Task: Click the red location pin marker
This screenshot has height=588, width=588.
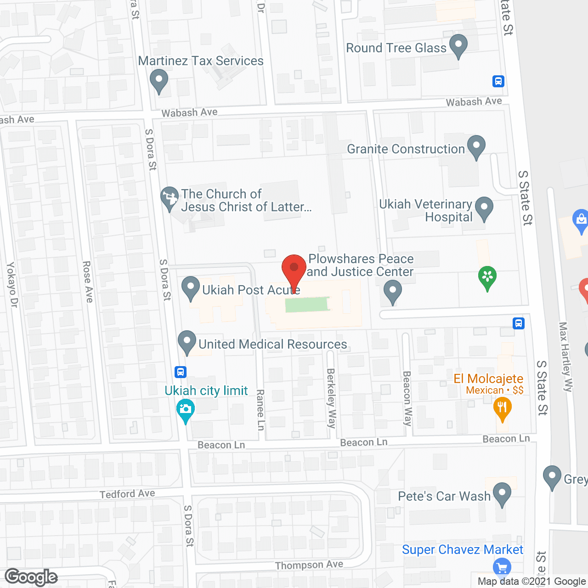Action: click(294, 268)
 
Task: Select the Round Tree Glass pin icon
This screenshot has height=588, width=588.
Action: click(458, 45)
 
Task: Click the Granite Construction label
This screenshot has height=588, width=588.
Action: click(406, 149)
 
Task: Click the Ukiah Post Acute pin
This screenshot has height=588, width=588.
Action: click(190, 288)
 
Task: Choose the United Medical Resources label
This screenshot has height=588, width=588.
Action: click(273, 344)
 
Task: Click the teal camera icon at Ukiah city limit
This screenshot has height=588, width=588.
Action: click(186, 410)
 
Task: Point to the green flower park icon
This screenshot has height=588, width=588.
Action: click(487, 277)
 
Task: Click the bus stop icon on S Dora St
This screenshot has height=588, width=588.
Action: click(181, 371)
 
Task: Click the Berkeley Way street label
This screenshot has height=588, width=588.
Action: click(331, 398)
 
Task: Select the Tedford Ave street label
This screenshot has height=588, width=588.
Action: click(127, 494)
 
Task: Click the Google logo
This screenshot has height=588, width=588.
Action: click(31, 577)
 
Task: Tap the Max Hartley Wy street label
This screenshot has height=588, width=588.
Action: click(565, 356)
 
